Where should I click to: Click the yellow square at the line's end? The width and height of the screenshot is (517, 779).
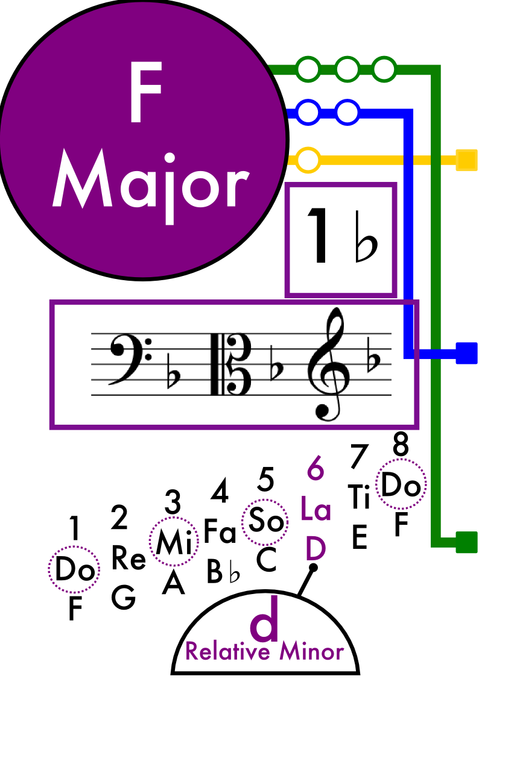tap(466, 160)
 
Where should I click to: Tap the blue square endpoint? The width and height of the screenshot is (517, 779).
tap(466, 353)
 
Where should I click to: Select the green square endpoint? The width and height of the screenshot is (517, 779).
tap(466, 542)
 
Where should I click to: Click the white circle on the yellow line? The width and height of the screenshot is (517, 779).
tap(308, 160)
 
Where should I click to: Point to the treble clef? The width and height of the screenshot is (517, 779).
tap(329, 364)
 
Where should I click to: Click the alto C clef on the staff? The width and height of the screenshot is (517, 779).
tap(231, 364)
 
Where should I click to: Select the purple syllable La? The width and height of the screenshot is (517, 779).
tap(316, 508)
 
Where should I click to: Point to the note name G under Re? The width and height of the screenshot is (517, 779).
tap(123, 597)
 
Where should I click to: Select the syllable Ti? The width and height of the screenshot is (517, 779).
tap(358, 496)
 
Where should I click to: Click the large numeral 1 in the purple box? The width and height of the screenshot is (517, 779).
tap(318, 236)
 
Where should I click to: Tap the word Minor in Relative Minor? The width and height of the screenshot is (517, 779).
tap(312, 651)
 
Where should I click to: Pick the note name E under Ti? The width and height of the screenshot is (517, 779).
tap(360, 537)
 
